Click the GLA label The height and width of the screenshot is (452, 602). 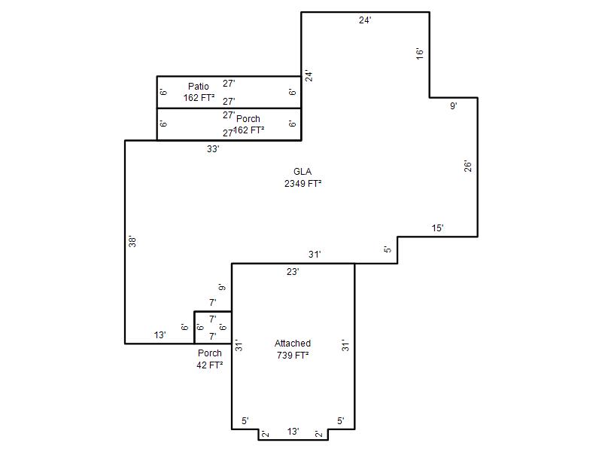[x=303, y=172]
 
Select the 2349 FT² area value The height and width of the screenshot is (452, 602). [x=303, y=184]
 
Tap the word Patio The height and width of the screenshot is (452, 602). [x=199, y=86]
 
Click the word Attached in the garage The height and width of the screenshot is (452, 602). [x=293, y=344]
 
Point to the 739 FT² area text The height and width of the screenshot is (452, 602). [x=293, y=356]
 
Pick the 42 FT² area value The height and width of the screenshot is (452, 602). [x=210, y=365]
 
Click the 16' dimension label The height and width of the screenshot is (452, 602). [x=420, y=53]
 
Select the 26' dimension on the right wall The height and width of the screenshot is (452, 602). [x=467, y=166]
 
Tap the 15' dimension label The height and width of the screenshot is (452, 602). [x=438, y=228]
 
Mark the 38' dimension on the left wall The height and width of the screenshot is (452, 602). [x=132, y=241]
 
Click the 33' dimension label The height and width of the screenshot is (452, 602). [x=213, y=149]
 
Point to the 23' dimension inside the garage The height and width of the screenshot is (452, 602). [x=293, y=272]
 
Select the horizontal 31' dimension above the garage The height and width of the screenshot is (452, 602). [x=315, y=255]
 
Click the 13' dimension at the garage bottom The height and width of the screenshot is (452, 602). [x=293, y=432]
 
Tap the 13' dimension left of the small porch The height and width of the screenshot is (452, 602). [x=160, y=335]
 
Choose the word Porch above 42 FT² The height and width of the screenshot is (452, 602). [x=210, y=353]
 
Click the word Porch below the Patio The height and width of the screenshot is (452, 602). [x=248, y=119]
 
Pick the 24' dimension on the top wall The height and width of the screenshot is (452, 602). [x=365, y=20]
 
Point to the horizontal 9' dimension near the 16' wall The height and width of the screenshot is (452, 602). [x=454, y=106]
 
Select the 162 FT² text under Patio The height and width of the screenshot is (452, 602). [x=199, y=98]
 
